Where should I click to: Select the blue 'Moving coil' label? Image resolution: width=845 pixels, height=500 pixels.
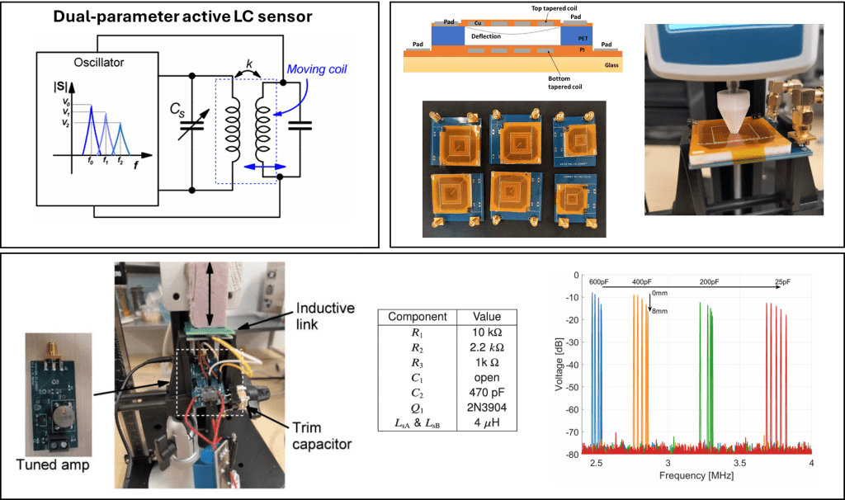point(318,69)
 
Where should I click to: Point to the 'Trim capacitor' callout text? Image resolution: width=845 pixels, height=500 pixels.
point(323,436)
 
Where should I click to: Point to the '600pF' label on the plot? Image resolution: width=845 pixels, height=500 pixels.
point(598,282)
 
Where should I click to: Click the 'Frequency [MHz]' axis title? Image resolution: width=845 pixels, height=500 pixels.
point(697,476)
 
